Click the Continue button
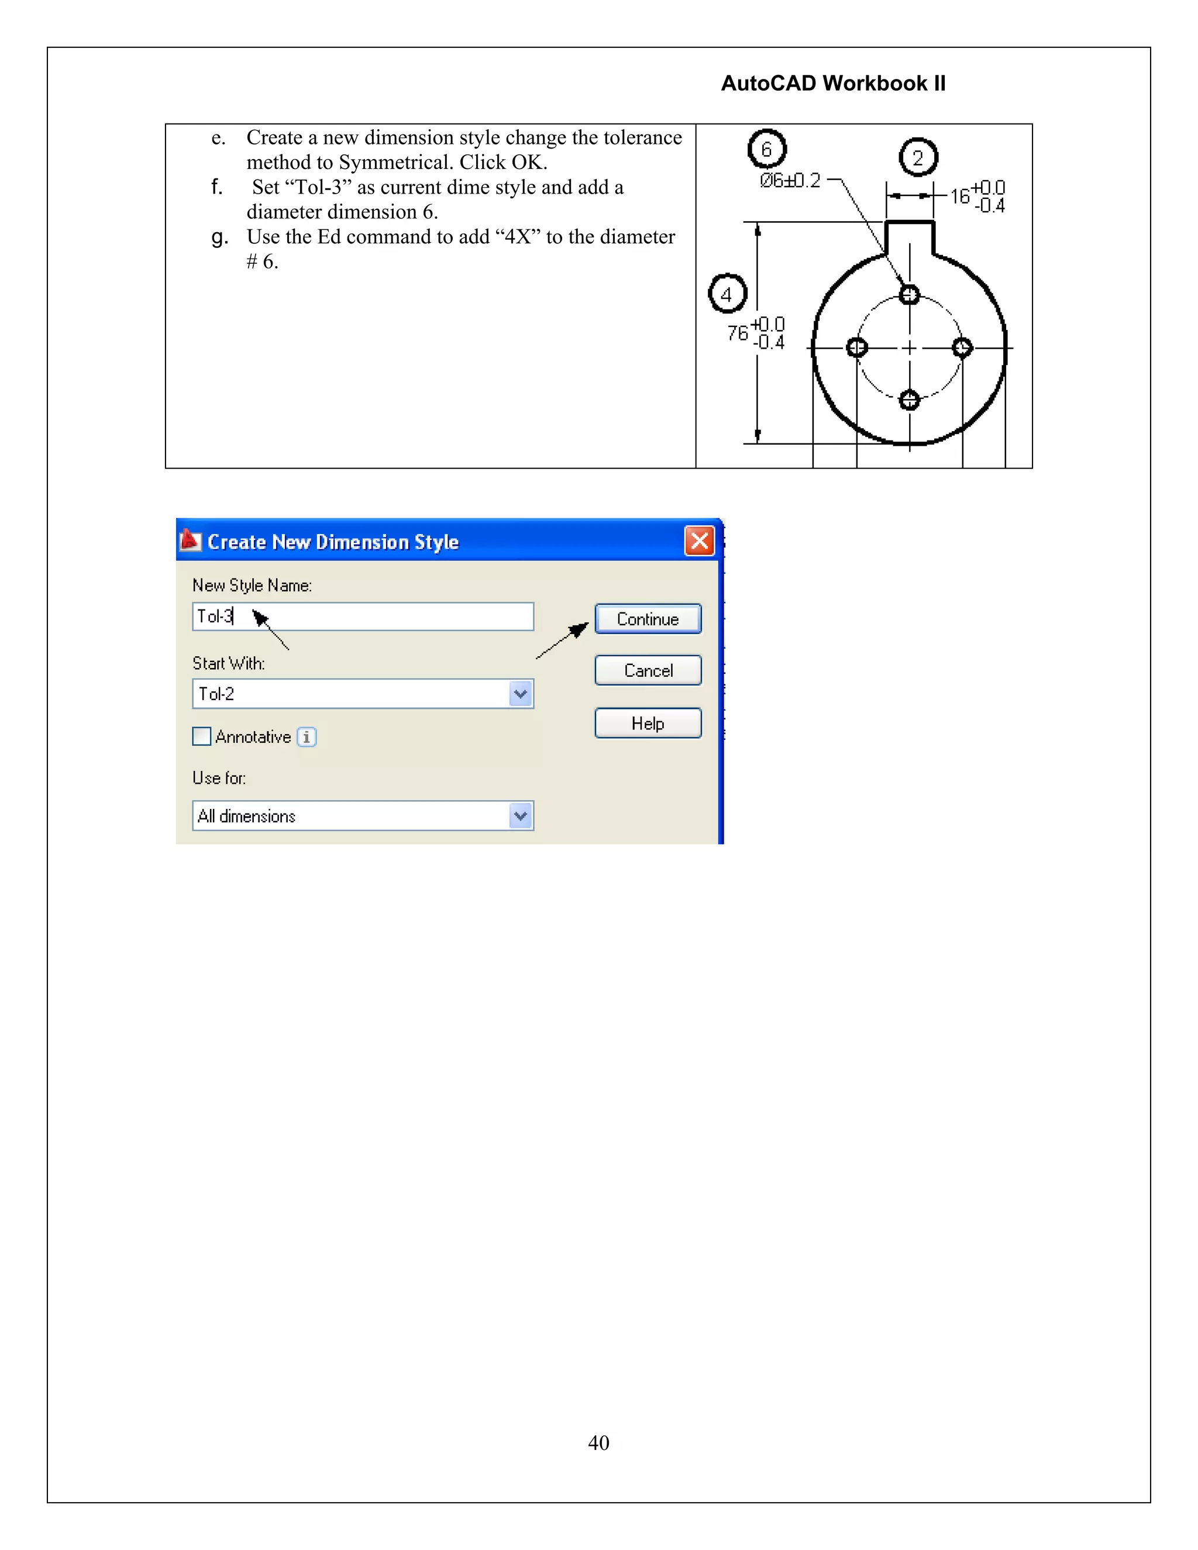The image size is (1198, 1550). pos(648,619)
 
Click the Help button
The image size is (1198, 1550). pos(648,723)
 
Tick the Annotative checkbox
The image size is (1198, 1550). pos(202,736)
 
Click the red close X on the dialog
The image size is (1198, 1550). pos(699,542)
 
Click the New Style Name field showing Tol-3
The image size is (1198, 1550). pos(362,616)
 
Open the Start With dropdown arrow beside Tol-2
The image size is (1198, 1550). pos(520,694)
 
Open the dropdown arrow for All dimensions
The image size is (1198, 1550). pos(520,816)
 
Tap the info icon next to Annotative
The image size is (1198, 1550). pos(307,738)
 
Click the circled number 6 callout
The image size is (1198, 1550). pos(766,149)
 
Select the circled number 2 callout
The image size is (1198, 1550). pos(918,157)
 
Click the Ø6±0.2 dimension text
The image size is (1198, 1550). pos(789,181)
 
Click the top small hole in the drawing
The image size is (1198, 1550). pos(909,295)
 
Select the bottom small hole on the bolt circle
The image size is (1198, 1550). pos(909,400)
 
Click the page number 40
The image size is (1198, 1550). pos(598,1443)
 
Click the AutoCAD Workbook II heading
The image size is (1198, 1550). pos(832,84)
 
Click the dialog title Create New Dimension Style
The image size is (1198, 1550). pos(332,542)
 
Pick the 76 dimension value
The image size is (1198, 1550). pos(738,333)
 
